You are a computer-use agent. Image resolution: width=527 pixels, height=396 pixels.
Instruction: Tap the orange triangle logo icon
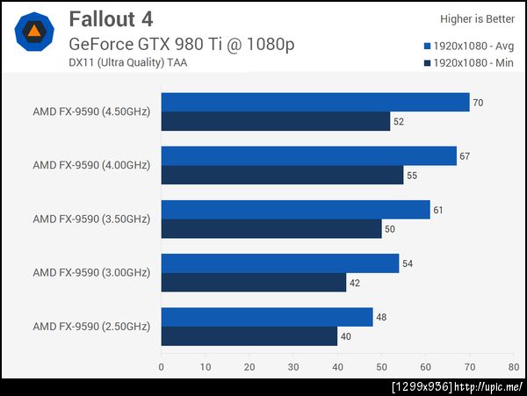coord(34,32)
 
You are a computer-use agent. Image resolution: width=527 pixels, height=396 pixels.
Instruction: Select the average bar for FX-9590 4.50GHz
coord(315,103)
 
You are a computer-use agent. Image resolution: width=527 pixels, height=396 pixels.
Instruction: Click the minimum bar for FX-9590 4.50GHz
coord(276,121)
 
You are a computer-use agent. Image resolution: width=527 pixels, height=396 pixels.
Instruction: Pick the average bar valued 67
coord(308,156)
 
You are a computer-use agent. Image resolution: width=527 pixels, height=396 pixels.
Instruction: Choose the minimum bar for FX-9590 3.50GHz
coord(271,228)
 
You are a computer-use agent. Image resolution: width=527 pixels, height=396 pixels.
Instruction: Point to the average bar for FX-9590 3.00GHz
coord(280,263)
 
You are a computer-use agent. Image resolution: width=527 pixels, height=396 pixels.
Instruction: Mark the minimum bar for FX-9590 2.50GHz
coord(249,335)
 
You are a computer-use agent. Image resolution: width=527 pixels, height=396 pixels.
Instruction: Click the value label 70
coord(478,103)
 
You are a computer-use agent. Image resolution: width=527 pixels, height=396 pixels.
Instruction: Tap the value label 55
coord(411,175)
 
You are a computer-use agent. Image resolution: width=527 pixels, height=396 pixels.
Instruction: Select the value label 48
coord(380,317)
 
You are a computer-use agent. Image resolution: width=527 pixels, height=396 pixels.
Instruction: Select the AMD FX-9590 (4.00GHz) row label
coord(91,165)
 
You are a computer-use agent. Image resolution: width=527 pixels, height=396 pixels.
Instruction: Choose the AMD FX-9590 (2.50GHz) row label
coord(91,326)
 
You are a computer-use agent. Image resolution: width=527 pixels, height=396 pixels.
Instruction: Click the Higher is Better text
coord(478,18)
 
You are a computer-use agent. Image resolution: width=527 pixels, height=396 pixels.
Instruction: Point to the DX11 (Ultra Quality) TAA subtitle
coord(127,61)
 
